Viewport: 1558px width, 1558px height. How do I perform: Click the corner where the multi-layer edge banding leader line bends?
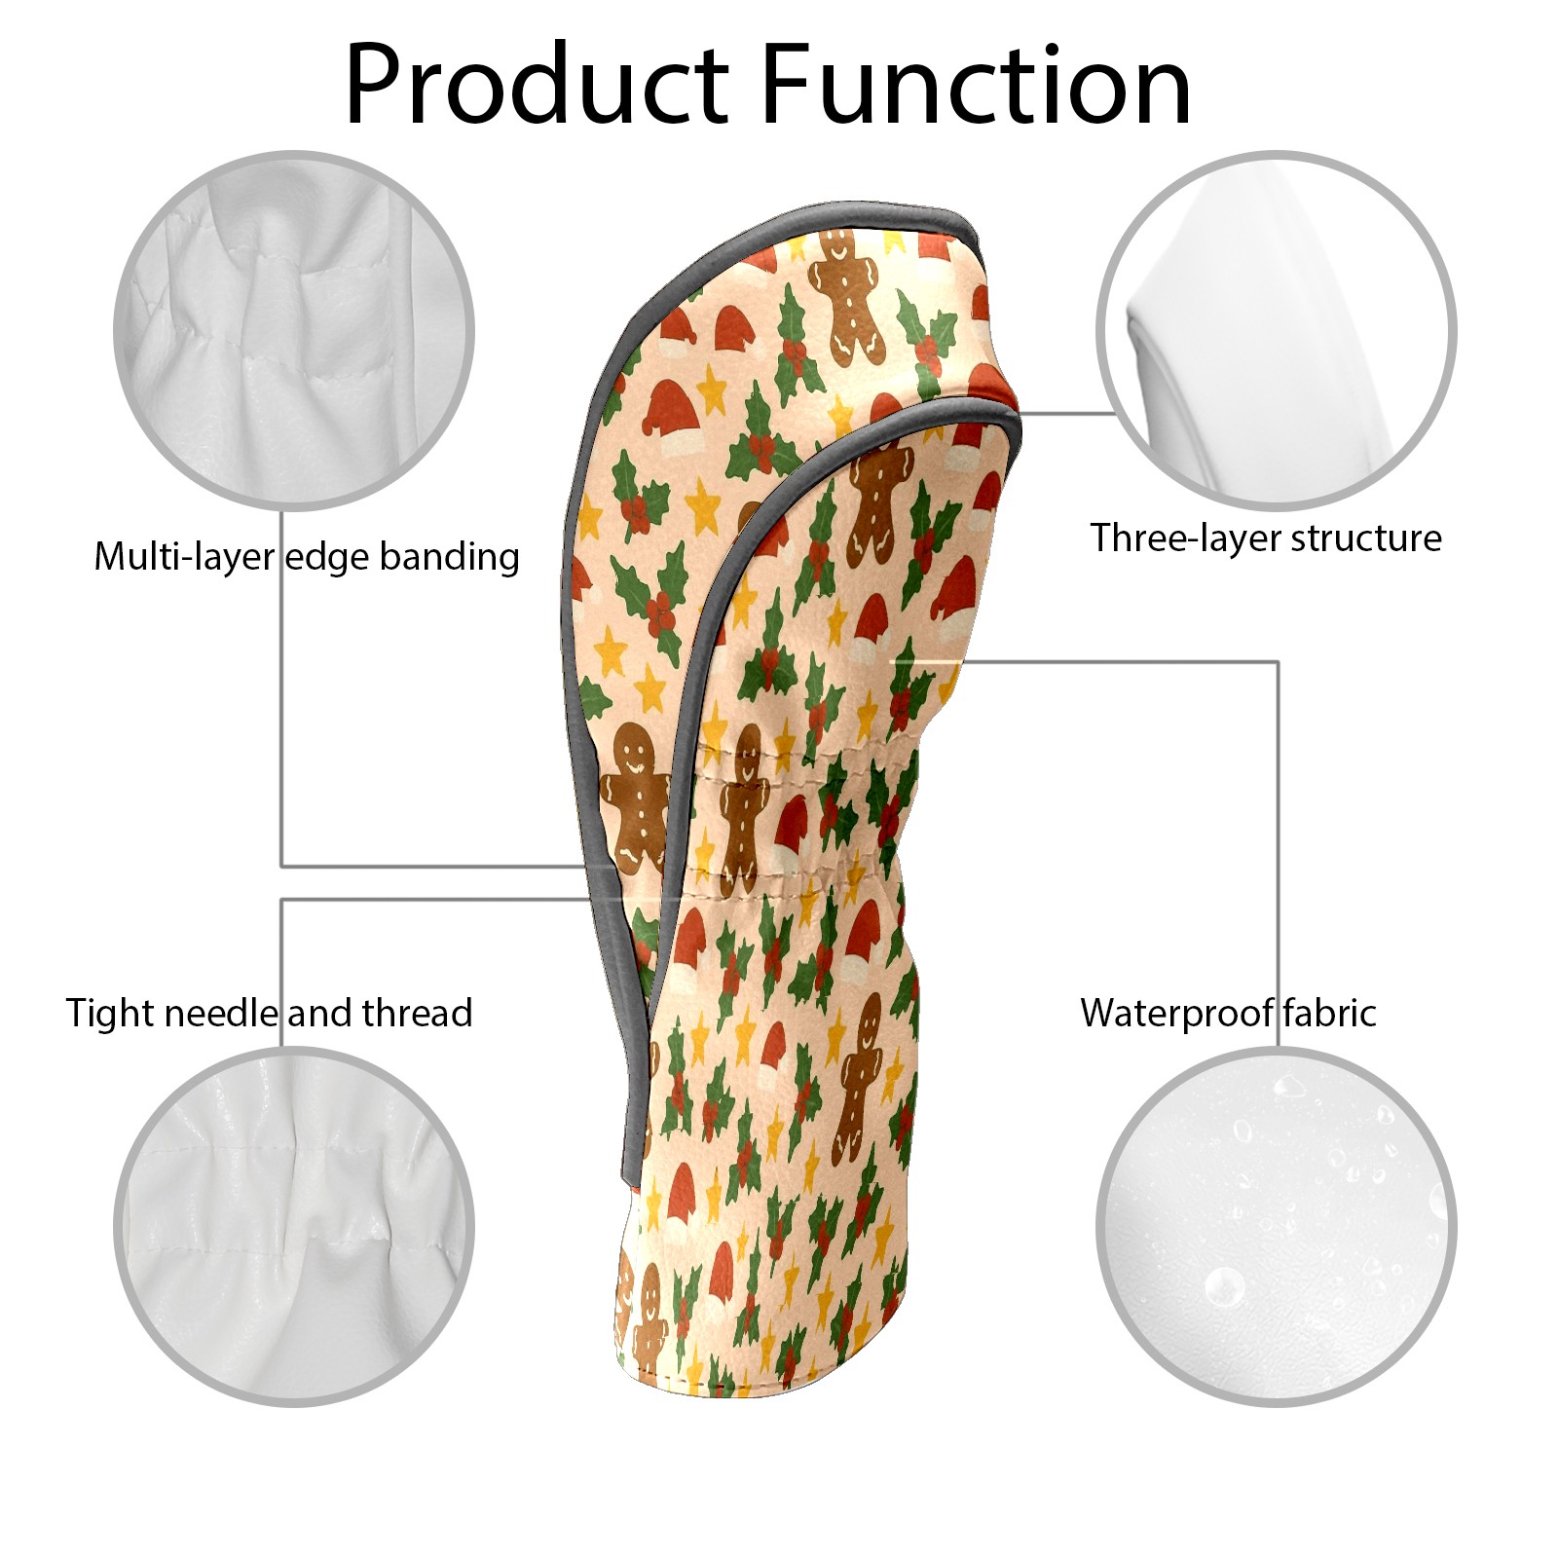(x=282, y=866)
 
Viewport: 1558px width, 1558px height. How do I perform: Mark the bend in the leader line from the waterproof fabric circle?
(x=1278, y=663)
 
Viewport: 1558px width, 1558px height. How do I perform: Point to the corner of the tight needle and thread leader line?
(x=282, y=900)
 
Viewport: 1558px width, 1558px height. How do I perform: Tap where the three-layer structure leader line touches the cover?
(x=1019, y=413)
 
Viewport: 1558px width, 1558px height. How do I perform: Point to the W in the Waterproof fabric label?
(x=1103, y=1013)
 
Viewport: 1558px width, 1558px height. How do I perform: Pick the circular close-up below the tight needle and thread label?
(x=294, y=1226)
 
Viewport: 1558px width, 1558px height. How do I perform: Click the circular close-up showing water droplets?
(x=1277, y=1226)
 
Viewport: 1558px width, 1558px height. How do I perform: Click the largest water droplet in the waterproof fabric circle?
(x=1223, y=1287)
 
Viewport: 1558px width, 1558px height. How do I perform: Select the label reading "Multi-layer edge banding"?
(x=307, y=557)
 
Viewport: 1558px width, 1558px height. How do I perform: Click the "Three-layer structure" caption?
(x=1266, y=538)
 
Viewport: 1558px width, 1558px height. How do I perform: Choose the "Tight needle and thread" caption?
(x=270, y=1013)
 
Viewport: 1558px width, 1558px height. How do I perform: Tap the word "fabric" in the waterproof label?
(x=1329, y=1013)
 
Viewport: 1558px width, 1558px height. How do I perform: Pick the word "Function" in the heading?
(x=977, y=85)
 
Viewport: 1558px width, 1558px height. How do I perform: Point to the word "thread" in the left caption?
(x=418, y=1013)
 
